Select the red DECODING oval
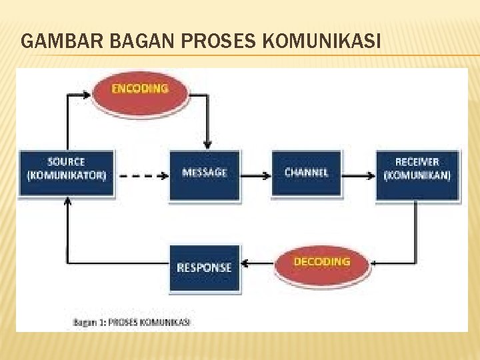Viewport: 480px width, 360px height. [x=322, y=263]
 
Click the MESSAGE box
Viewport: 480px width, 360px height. [x=204, y=173]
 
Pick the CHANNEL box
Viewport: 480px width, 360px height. [x=306, y=173]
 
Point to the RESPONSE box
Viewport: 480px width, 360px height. [x=204, y=267]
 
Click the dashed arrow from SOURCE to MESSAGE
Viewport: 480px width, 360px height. [x=142, y=177]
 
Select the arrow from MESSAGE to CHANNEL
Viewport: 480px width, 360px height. [x=255, y=175]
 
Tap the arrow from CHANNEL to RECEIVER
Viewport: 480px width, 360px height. [x=359, y=175]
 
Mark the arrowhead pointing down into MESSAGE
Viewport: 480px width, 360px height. [x=207, y=145]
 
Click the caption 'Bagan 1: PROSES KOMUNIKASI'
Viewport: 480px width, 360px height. [x=131, y=322]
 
